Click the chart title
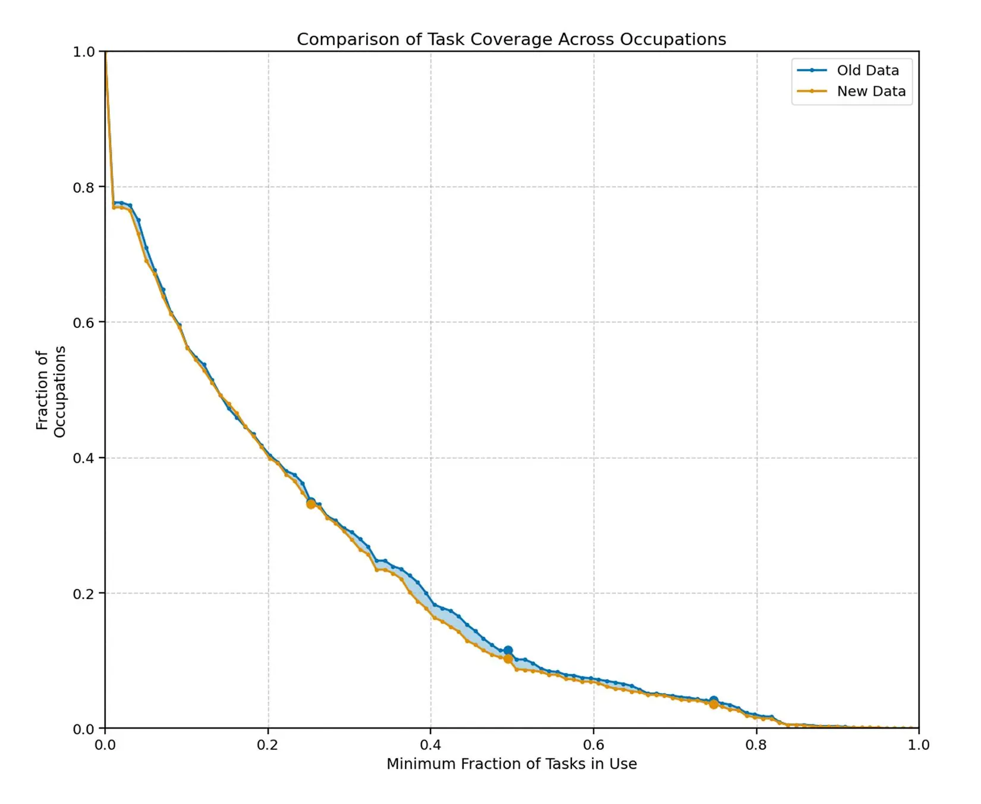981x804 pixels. (x=511, y=39)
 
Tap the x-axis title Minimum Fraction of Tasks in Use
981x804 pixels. (x=511, y=764)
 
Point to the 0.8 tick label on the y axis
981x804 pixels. (x=84, y=187)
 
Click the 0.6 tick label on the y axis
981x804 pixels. (x=84, y=323)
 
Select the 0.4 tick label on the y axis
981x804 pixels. (x=84, y=458)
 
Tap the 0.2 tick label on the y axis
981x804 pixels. (x=84, y=594)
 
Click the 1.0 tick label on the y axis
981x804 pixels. (x=84, y=52)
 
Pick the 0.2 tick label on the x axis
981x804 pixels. (x=268, y=745)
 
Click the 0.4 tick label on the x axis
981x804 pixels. (x=430, y=745)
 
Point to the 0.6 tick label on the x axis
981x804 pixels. (x=593, y=745)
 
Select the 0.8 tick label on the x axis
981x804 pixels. (x=756, y=745)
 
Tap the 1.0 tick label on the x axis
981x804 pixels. (x=919, y=745)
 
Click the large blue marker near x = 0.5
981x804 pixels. (x=508, y=651)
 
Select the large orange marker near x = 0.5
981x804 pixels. (x=508, y=659)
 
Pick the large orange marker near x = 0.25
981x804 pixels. (x=311, y=505)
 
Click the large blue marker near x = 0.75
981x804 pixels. (x=714, y=701)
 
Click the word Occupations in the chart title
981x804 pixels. (x=673, y=39)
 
